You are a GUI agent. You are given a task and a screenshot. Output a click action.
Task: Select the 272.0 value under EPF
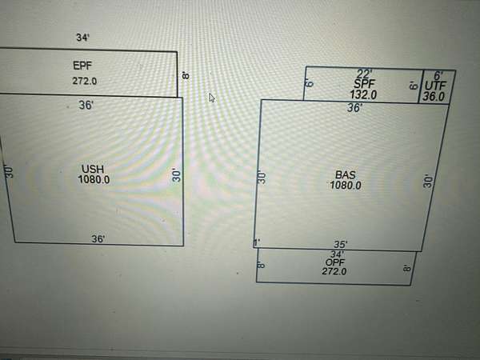coord(84,80)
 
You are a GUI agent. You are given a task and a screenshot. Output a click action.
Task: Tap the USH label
coord(93,168)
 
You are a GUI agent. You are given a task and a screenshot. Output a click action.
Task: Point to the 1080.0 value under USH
coord(94,180)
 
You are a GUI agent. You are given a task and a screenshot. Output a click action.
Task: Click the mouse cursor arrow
coord(212,97)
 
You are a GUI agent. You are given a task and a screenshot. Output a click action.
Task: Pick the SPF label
coord(364,83)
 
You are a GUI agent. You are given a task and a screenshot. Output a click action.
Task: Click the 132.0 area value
coord(363,94)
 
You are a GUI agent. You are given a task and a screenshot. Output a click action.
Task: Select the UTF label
coord(435,85)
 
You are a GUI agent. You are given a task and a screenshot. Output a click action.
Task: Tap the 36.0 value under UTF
coord(434,96)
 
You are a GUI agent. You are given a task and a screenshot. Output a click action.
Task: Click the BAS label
coord(346,174)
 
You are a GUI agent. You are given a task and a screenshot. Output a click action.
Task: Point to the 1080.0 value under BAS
coord(346,185)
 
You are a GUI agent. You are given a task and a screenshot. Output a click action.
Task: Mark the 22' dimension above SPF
coord(364,74)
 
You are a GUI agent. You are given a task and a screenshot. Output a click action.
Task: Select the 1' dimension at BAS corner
coord(257,243)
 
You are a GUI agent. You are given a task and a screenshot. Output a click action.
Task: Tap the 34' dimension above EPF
coord(83,38)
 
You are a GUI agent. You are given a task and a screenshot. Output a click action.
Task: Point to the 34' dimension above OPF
coord(336,254)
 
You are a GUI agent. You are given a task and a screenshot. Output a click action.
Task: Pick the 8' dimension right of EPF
coord(186,74)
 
